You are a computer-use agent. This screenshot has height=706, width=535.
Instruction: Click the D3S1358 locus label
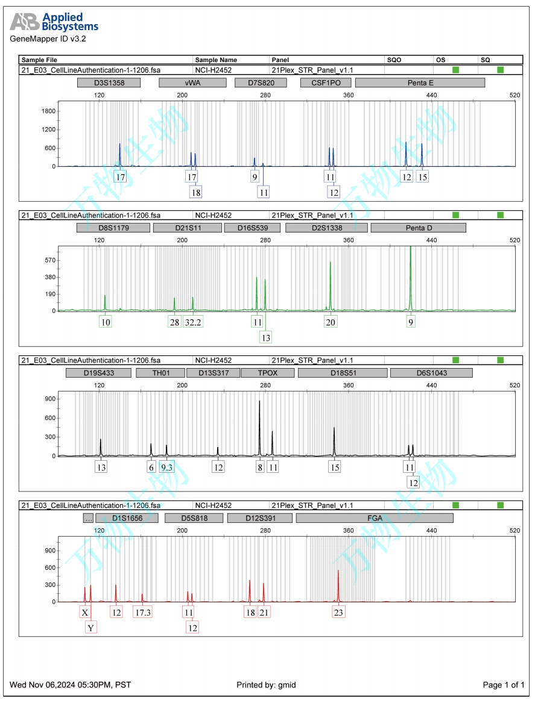pos(109,83)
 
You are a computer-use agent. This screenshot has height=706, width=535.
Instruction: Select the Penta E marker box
pos(420,83)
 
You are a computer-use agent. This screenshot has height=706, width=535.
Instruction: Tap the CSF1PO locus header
pos(326,83)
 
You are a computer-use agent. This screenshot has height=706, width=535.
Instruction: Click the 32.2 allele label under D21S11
pos(194,322)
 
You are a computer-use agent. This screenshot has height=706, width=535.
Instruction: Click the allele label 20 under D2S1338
pos(331,322)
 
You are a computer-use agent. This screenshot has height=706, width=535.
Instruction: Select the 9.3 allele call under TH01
pos(167,467)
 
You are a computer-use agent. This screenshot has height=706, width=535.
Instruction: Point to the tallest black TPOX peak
pos(260,422)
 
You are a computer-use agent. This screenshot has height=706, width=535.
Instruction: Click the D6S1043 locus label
pos(431,373)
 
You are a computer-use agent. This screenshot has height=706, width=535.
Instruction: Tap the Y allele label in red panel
pos(91,628)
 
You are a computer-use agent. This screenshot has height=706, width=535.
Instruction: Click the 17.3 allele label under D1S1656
pos(143,613)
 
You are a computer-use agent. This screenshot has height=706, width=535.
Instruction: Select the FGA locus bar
pos(375,518)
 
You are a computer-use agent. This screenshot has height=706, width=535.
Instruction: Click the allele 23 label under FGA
pos(338,613)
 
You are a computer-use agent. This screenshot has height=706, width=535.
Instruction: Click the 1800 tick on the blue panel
pos(48,111)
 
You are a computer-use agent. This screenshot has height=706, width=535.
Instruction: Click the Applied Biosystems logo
pos(54,22)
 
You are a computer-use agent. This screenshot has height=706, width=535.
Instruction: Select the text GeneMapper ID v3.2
pos(48,39)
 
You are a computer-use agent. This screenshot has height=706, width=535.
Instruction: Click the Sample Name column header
pos(216,60)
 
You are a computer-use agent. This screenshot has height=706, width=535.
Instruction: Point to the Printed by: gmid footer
pos(266,685)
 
